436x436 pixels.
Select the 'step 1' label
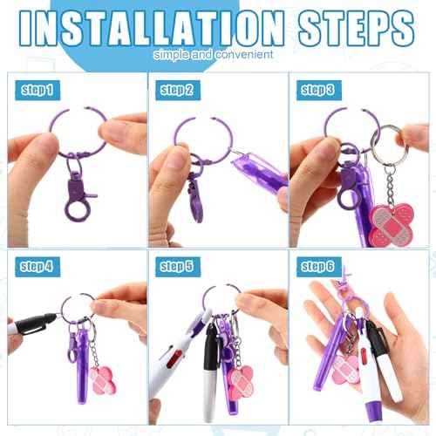(37, 89)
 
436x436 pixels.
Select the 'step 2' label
(178, 89)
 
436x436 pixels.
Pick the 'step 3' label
(319, 89)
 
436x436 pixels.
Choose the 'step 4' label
(37, 265)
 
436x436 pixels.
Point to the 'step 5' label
(178, 265)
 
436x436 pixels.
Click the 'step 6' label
(319, 265)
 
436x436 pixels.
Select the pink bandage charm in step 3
(392, 222)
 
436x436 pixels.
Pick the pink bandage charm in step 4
(102, 382)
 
